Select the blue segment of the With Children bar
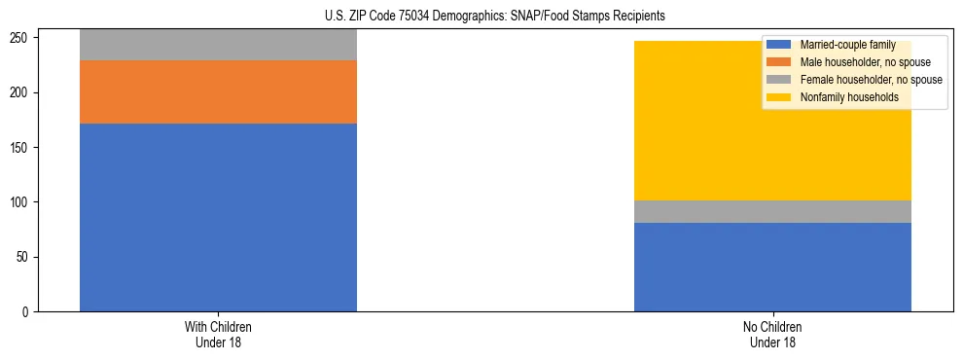click(218, 217)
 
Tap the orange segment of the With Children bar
click(218, 91)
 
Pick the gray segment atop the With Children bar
click(218, 45)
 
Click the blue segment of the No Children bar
click(772, 267)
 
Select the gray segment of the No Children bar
click(772, 211)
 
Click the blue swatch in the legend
click(779, 45)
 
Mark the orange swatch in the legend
click(779, 62)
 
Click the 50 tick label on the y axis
click(25, 258)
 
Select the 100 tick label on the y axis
click(22, 202)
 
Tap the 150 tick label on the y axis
click(22, 148)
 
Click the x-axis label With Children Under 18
click(218, 334)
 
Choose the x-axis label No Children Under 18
click(772, 334)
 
